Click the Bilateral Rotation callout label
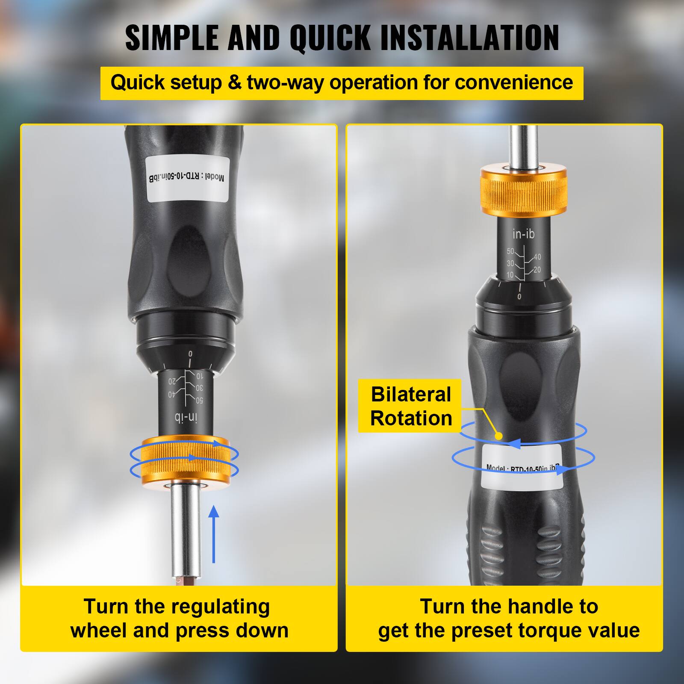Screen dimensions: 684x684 [410, 406]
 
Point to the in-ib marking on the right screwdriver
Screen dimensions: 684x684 [523, 234]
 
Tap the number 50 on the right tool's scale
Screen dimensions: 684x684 [510, 251]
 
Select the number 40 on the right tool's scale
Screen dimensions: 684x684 [537, 257]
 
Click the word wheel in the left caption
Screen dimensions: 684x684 [99, 631]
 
